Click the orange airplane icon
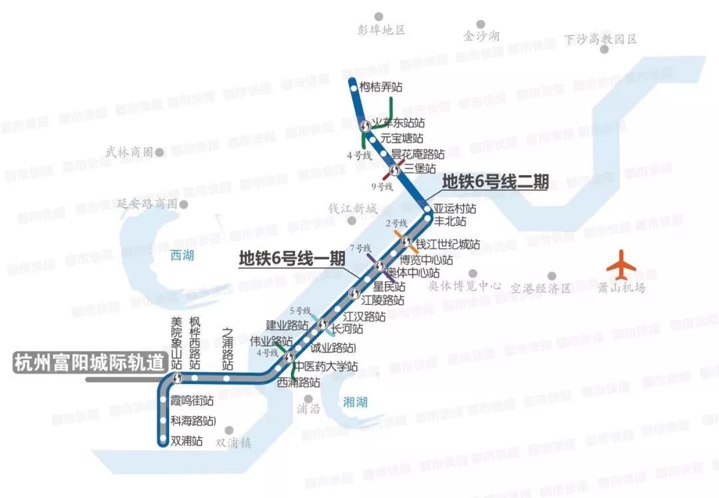pos(621,264)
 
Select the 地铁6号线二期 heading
pos(495,181)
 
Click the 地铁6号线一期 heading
pos(292,258)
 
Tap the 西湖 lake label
pos(182,255)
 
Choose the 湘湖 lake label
pos(355,401)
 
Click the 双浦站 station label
pos(186,440)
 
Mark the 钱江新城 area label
pos(353,208)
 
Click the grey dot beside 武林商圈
pos(160,152)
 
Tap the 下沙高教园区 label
pos(600,39)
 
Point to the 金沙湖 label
pos(481,36)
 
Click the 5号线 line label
pos(300,310)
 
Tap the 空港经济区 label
pos(541,288)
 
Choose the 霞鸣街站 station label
pos(192,401)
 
